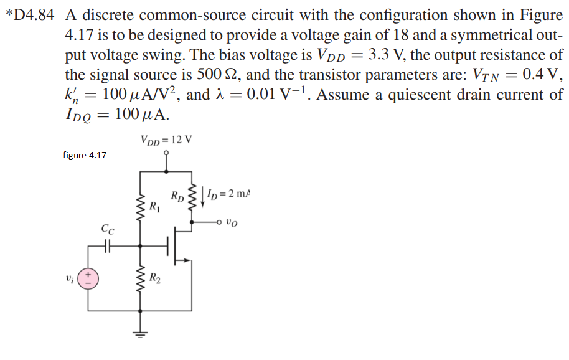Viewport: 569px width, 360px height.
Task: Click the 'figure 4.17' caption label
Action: point(85,155)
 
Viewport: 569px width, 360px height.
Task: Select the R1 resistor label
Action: point(155,205)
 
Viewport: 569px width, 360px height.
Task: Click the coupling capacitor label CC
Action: point(106,229)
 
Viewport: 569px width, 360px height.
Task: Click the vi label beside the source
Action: point(69,277)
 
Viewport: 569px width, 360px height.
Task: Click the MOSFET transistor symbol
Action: point(181,247)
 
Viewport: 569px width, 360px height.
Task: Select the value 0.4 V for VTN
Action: point(542,75)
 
